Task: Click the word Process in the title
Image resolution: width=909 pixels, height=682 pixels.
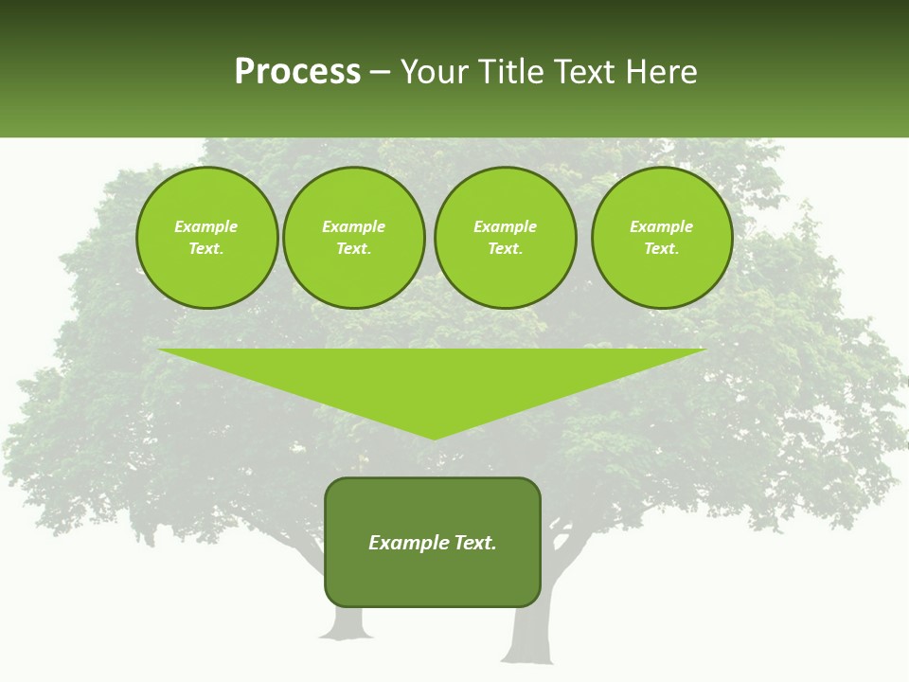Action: [x=297, y=72]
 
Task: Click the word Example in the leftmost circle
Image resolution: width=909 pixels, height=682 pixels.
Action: [x=206, y=226]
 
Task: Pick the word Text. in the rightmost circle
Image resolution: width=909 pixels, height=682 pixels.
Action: [x=661, y=248]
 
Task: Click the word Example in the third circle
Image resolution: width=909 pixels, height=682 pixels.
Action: [x=505, y=226]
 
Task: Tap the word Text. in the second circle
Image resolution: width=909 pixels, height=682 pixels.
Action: [x=353, y=248]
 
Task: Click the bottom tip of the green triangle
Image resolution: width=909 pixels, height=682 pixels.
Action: [x=434, y=437]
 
